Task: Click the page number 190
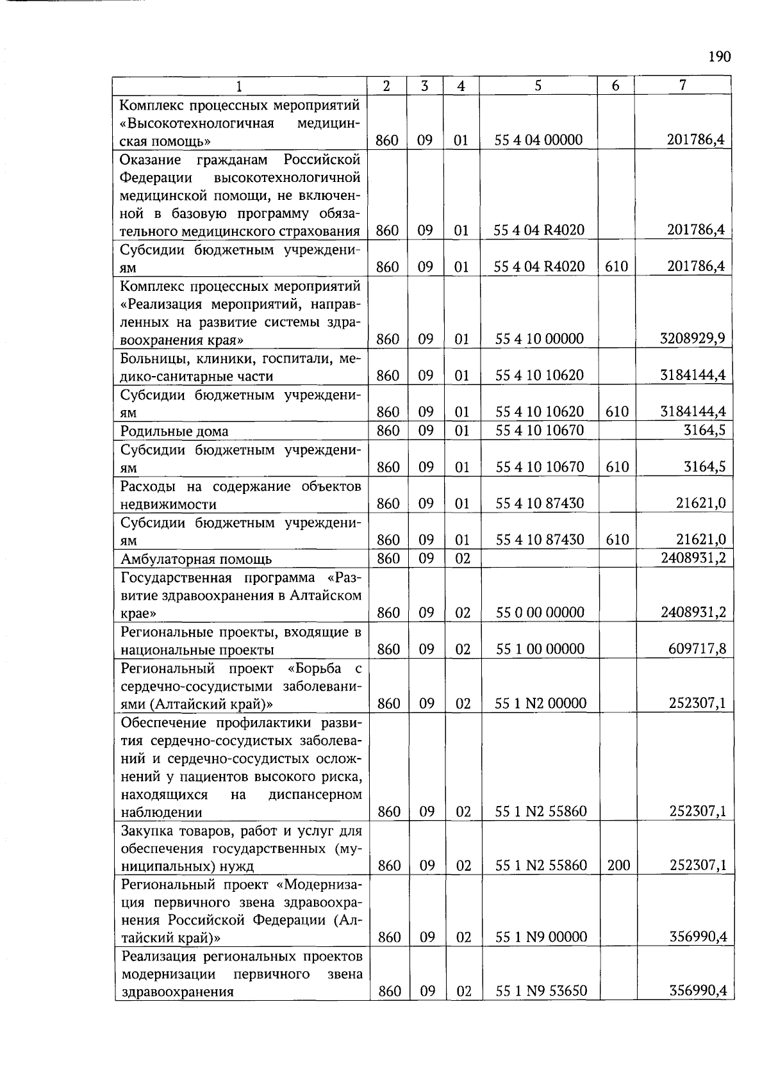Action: coord(719,57)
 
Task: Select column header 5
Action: coord(538,85)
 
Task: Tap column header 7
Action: coord(683,85)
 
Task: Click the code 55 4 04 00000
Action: coord(538,140)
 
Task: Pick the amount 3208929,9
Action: coord(693,338)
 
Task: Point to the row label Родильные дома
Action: coord(174,431)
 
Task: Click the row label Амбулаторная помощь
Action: coord(196,559)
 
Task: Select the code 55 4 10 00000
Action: coord(540,339)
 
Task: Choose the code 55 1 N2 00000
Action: coord(541,703)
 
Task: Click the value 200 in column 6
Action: coord(618,866)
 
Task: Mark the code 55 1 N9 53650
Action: coord(542,991)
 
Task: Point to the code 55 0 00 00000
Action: coord(540,613)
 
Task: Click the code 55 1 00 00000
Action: coord(540,649)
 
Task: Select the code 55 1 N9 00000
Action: coord(542,937)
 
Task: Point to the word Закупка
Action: coord(149,831)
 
